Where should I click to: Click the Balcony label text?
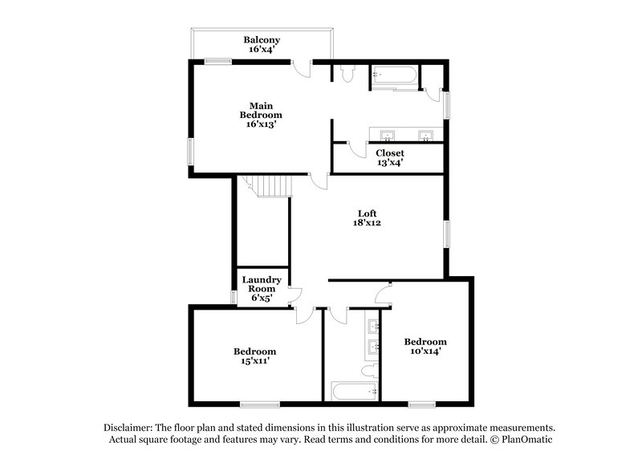(x=262, y=40)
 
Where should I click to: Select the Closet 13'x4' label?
(x=390, y=152)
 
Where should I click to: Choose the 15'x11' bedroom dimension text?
(x=254, y=362)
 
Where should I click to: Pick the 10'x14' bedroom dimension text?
(x=425, y=351)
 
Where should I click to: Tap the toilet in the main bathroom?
(x=346, y=74)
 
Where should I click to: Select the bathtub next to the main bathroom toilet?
(x=393, y=78)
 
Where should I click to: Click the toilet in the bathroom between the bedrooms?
(x=368, y=372)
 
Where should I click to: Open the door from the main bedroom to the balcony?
(x=303, y=68)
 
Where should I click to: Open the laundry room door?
(x=295, y=294)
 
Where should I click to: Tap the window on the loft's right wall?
(x=448, y=233)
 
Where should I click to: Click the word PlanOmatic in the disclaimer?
(x=526, y=440)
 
